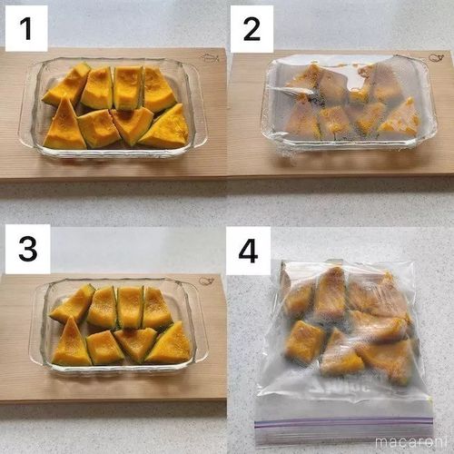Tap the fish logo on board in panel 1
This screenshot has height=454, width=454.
210,58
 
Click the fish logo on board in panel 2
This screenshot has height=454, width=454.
436,58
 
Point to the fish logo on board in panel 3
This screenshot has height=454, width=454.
207,281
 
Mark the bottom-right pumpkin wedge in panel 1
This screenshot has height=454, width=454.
166,129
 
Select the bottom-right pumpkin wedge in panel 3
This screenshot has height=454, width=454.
170,346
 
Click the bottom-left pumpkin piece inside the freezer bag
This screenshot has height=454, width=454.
304,342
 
